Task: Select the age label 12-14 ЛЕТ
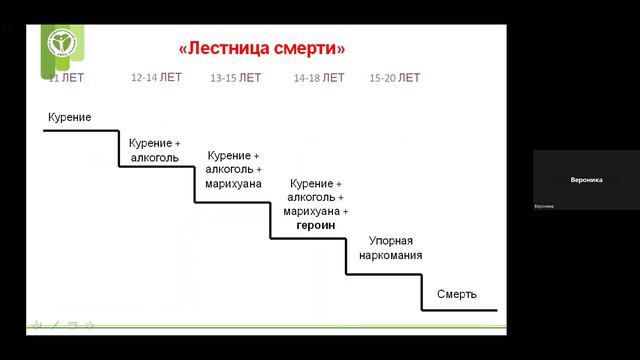click(156, 77)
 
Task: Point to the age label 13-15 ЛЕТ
click(236, 77)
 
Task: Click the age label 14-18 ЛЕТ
click(319, 77)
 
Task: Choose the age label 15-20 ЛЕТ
click(395, 77)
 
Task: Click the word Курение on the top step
click(69, 118)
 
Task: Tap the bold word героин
click(316, 225)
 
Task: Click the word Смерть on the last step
click(457, 294)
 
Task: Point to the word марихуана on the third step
click(233, 184)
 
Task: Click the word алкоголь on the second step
click(154, 157)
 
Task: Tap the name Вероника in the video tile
click(586, 181)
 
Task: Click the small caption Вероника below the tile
click(544, 206)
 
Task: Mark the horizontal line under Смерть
click(459, 310)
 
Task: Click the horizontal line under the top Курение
click(80, 131)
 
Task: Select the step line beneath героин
click(308, 238)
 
